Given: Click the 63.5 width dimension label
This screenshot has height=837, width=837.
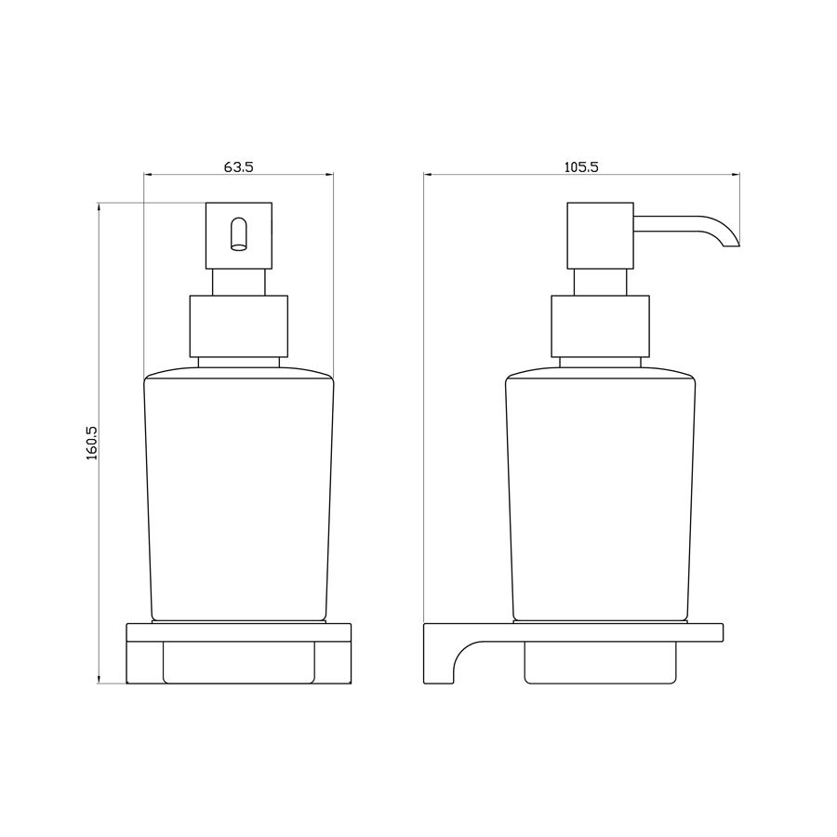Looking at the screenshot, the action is click(238, 167).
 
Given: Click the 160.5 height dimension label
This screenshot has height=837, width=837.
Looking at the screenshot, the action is click(92, 443).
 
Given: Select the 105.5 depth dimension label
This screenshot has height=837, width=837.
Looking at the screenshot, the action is click(581, 167).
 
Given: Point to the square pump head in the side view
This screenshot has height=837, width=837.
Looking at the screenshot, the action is click(600, 235).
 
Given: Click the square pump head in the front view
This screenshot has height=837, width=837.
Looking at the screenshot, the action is click(239, 235).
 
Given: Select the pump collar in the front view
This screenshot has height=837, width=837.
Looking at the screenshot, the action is click(239, 326).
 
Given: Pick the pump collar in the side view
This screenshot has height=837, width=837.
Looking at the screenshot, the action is click(600, 326).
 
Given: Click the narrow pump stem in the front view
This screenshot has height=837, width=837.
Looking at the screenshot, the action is click(239, 282).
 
